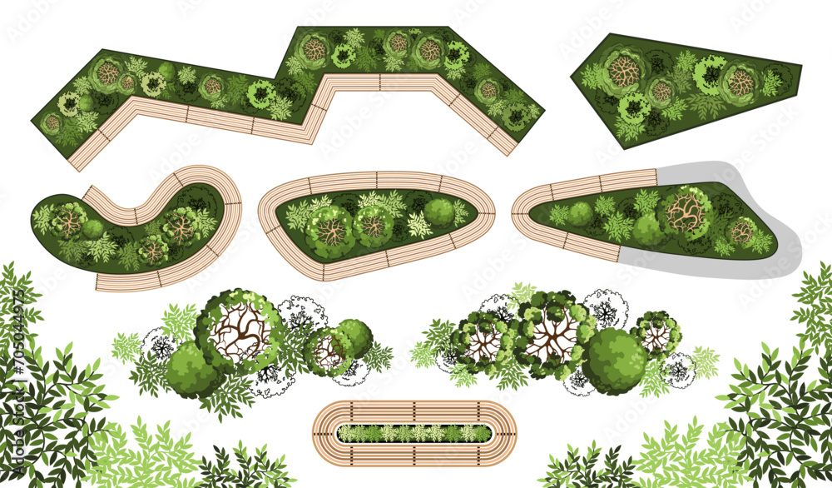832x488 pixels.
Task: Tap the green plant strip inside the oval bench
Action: pyautogui.click(x=414, y=433)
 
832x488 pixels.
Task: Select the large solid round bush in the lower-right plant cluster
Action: pyautogui.click(x=614, y=361)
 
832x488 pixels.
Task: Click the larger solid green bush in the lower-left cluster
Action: pyautogui.click(x=191, y=368)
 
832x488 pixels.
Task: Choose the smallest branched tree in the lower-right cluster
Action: pyautogui.click(x=656, y=333)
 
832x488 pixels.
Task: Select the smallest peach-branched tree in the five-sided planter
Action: pyautogui.click(x=662, y=90)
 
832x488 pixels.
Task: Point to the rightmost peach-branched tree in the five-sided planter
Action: pyautogui.click(x=740, y=82)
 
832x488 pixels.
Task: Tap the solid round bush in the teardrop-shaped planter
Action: pyautogui.click(x=439, y=212)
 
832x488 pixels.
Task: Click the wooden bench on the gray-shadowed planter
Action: pyautogui.click(x=582, y=187)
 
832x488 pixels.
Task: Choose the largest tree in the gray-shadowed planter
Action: pyautogui.click(x=686, y=212)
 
